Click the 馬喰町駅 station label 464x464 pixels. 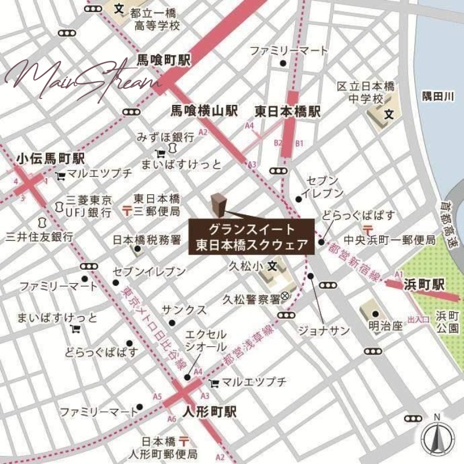click(164, 60)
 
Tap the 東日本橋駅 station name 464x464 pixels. click(288, 111)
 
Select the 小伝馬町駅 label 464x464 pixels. click(50, 158)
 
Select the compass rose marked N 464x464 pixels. click(437, 436)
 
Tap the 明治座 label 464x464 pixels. click(385, 326)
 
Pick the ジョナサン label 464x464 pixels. click(324, 331)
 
